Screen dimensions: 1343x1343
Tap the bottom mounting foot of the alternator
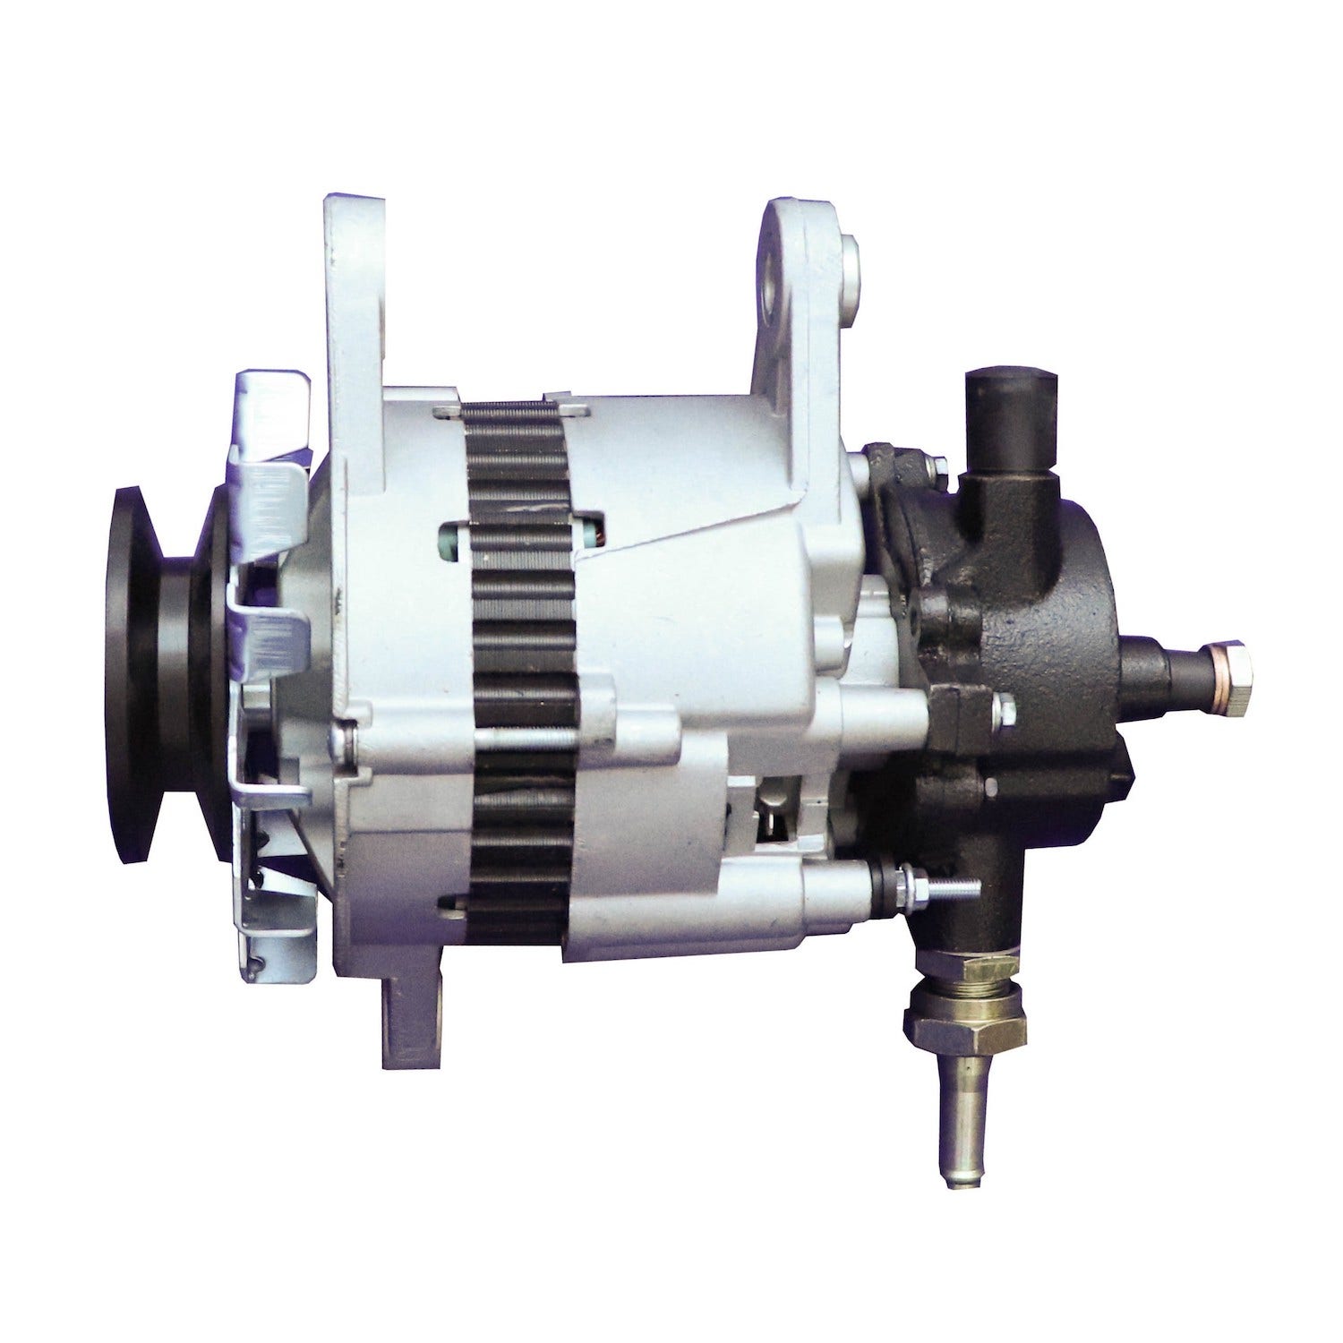413,1021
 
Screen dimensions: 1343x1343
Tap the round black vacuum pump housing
1056,627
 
